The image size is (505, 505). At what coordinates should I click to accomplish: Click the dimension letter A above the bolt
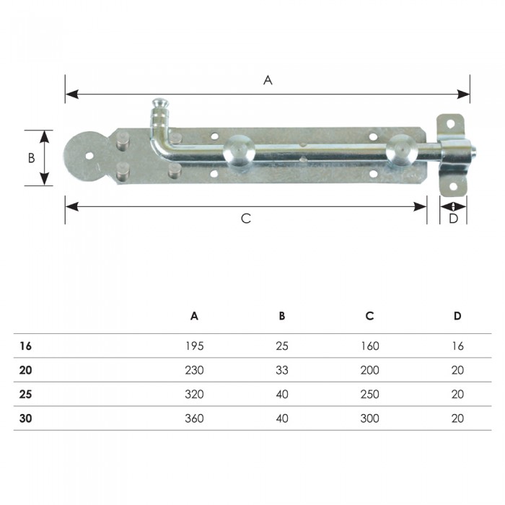tap(268, 80)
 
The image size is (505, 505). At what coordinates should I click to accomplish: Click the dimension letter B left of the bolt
tap(31, 158)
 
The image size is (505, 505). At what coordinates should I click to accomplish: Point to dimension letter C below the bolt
tap(246, 219)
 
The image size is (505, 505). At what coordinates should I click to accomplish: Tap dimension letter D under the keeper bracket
tap(453, 219)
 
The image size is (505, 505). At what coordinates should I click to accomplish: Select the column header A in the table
tap(194, 316)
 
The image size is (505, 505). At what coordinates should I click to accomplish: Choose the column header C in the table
tap(369, 316)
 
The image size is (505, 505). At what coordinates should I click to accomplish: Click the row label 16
tap(25, 346)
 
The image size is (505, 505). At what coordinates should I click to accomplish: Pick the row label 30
tap(25, 418)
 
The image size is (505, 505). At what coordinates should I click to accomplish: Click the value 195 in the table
tap(195, 346)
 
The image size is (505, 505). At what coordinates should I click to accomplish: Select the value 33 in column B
tap(282, 370)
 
